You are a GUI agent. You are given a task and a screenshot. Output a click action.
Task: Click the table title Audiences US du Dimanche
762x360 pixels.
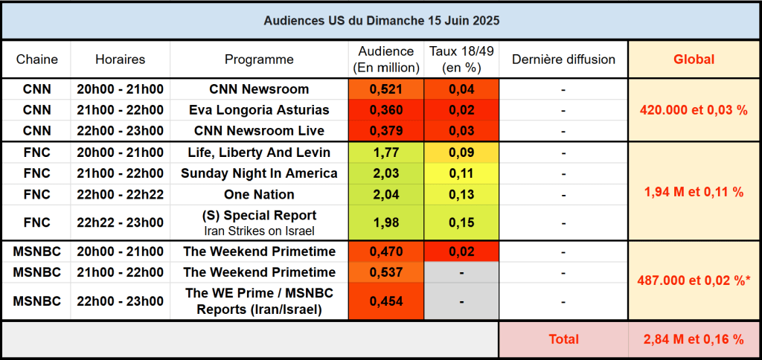point(381,20)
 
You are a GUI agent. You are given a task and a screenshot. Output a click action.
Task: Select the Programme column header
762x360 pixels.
point(259,60)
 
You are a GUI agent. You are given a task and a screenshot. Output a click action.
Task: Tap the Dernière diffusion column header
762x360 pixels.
point(563,60)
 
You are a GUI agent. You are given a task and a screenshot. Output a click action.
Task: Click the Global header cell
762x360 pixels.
point(694,60)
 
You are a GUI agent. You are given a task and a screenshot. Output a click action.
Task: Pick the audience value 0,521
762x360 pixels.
point(385,89)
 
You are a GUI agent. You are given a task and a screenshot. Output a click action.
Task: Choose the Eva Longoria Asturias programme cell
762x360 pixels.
point(259,110)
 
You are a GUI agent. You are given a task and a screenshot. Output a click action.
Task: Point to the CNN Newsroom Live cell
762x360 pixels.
point(259,131)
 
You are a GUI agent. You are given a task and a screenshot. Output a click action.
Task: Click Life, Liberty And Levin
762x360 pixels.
point(259,152)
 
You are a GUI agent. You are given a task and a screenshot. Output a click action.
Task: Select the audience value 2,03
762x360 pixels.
point(385,173)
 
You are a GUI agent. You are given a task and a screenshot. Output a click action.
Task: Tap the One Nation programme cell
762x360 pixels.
point(259,194)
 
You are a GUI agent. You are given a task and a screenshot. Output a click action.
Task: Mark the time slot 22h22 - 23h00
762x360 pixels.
point(120,222)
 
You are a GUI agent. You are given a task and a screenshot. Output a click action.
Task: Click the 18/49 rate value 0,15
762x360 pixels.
point(461,222)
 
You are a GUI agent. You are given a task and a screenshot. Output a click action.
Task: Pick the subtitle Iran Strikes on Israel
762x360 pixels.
point(259,231)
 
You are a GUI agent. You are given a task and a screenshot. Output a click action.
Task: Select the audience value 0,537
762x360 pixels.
point(385,272)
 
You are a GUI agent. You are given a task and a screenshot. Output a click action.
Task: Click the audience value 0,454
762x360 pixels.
point(385,301)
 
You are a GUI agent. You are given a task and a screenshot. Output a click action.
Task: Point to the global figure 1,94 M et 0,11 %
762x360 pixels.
point(694,191)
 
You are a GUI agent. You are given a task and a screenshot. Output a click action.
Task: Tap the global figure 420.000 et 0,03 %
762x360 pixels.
point(694,110)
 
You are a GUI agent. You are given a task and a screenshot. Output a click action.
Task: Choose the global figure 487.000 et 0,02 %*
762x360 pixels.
point(694,280)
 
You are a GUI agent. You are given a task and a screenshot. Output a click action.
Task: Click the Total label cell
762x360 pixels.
point(563,339)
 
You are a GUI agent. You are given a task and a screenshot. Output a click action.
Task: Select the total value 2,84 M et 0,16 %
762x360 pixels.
point(694,339)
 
